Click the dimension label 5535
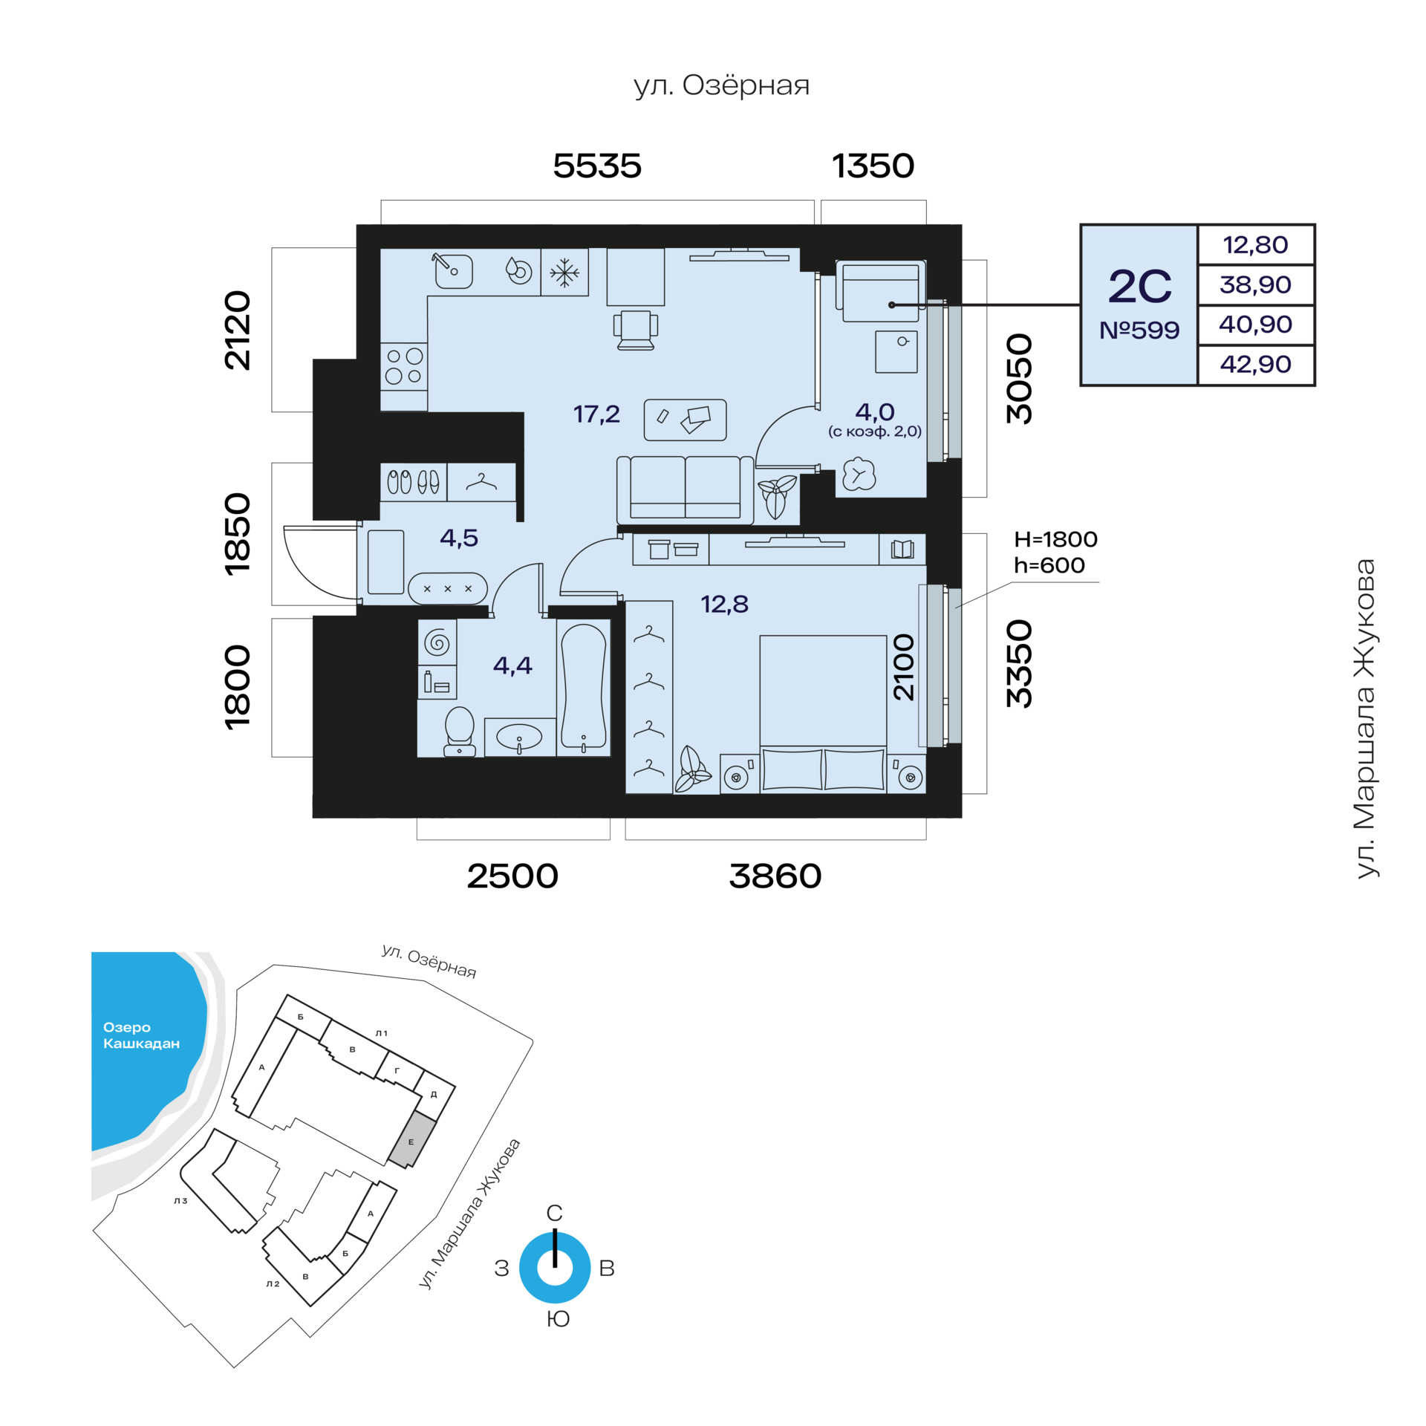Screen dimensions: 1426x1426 [597, 166]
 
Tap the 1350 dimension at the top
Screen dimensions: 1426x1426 [873, 166]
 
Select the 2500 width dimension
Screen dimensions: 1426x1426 [512, 876]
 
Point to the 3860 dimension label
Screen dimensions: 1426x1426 [775, 876]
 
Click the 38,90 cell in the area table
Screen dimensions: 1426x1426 [1255, 284]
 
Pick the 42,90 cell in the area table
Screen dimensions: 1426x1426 [1255, 364]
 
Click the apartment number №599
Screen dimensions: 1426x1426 [1139, 330]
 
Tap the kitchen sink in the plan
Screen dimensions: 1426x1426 [453, 270]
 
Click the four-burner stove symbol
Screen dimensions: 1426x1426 [404, 367]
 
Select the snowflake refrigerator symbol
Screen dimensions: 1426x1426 [564, 273]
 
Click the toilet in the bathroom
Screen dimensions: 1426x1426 [460, 731]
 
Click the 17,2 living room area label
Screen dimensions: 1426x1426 [596, 414]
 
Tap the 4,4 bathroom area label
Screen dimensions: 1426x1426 [512, 665]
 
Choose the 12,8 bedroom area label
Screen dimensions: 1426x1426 [725, 605]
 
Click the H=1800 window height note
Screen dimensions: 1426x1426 [1055, 539]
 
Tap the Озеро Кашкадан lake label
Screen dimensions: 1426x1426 [141, 1035]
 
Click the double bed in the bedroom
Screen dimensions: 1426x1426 [823, 713]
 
